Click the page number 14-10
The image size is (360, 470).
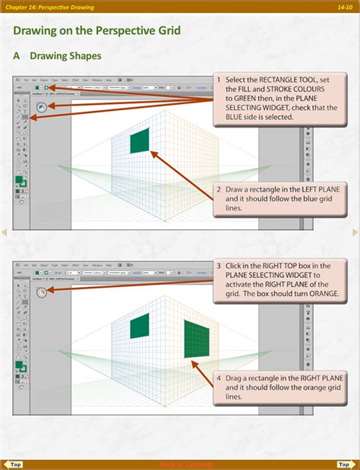343,7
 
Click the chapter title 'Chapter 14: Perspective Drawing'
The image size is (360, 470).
50,7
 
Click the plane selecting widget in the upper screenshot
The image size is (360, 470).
40,107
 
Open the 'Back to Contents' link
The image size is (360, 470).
186,464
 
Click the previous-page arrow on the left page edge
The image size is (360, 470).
5,232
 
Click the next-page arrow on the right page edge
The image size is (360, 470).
355,232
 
